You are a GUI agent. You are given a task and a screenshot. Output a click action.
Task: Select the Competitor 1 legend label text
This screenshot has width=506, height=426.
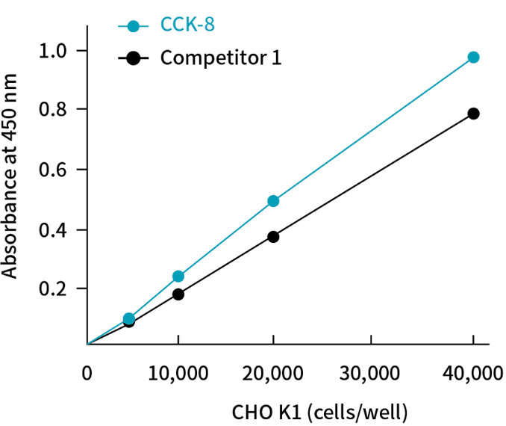[221, 57]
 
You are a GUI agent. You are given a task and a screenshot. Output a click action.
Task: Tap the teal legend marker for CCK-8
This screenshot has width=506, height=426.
[134, 26]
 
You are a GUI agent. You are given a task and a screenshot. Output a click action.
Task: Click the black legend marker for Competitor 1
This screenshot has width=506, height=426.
[134, 58]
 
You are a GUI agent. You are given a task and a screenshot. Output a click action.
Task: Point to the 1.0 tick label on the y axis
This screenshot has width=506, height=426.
[55, 51]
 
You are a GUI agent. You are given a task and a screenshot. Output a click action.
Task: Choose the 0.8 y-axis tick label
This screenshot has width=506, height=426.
[55, 110]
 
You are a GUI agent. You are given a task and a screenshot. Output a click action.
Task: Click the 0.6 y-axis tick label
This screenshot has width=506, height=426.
[55, 170]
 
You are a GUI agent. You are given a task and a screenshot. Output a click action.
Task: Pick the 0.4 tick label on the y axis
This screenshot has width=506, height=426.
[55, 229]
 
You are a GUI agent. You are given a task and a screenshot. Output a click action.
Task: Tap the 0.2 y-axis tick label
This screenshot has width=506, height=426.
[55, 288]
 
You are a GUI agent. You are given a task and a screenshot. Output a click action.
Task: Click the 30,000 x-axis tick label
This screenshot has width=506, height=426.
[372, 374]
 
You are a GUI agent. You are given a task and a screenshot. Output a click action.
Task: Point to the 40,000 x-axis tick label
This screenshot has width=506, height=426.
[472, 374]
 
